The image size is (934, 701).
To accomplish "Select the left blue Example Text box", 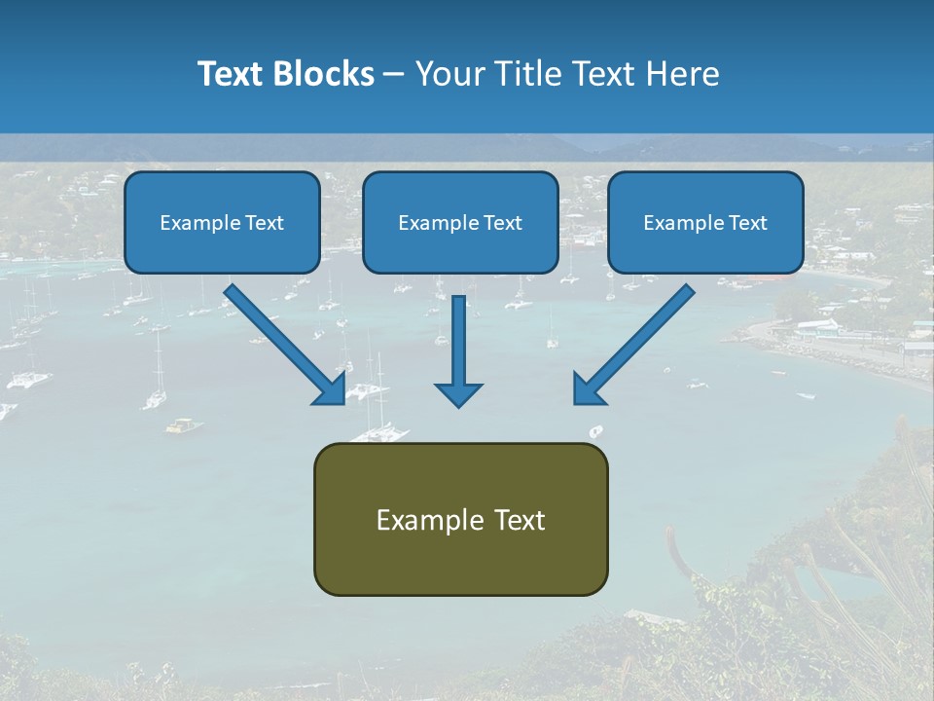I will (x=222, y=222).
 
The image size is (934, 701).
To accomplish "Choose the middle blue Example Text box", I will (x=460, y=222).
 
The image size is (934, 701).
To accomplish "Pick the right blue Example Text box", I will (x=705, y=222).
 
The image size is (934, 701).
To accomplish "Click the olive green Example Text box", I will (x=460, y=519).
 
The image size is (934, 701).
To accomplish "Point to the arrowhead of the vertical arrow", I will (x=458, y=394).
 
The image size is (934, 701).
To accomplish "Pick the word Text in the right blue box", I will (x=748, y=223).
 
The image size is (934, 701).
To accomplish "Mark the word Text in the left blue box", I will (x=265, y=223).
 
